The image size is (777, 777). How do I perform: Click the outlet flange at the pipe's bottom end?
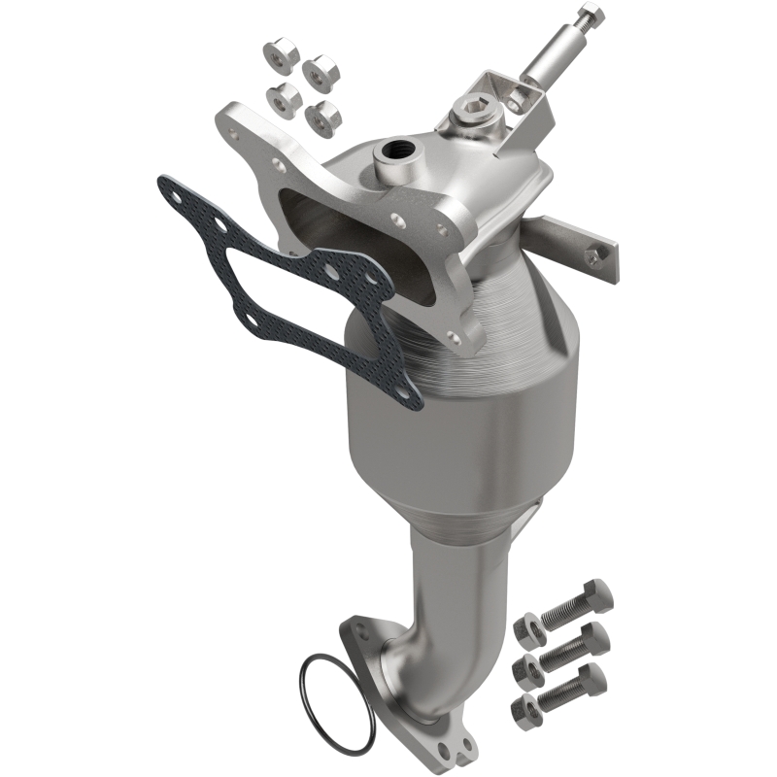(408, 709)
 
